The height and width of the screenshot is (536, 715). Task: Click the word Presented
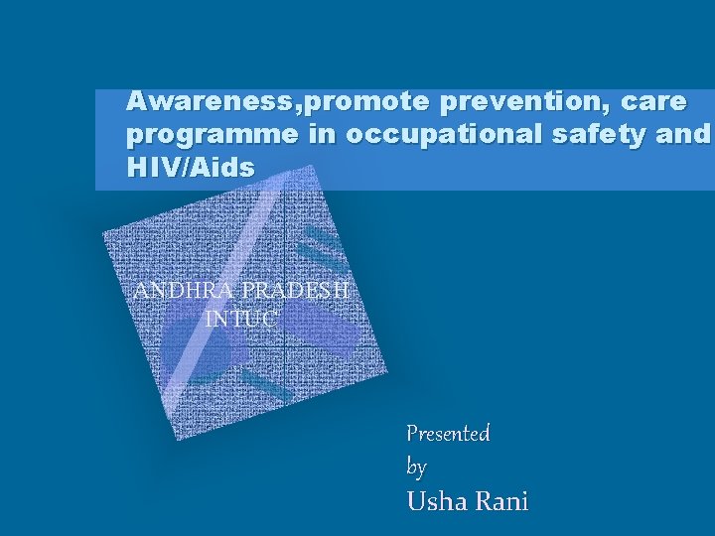448,434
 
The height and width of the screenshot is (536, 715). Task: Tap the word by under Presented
417,467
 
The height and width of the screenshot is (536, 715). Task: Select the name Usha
436,501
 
